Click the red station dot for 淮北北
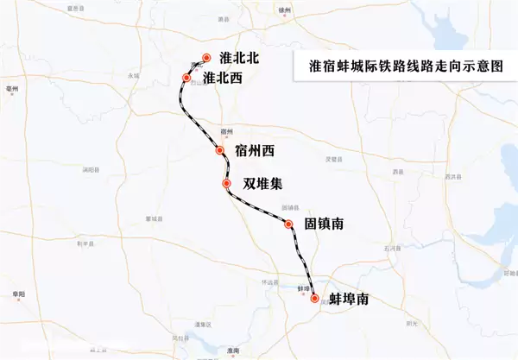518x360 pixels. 206,59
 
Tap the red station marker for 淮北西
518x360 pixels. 186,79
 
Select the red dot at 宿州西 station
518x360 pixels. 220,151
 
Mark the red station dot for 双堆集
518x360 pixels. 226,184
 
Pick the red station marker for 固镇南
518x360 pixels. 289,224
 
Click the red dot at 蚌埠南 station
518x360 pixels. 314,299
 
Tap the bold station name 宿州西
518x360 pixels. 254,151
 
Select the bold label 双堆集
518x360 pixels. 262,184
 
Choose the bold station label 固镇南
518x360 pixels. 325,224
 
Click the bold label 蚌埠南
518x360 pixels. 350,299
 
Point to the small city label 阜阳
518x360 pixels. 20,294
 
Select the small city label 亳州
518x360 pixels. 12,88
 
